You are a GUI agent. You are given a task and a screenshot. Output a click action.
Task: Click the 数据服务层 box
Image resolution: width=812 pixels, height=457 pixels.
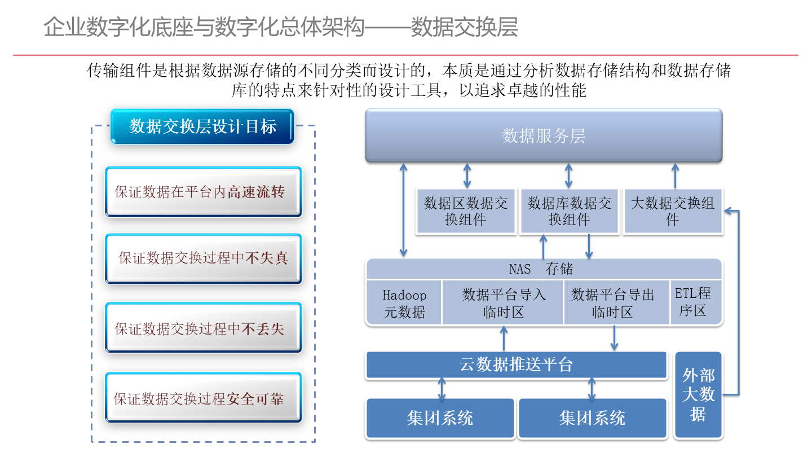(x=544, y=136)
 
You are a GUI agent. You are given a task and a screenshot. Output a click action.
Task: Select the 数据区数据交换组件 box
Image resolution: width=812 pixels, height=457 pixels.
(x=466, y=211)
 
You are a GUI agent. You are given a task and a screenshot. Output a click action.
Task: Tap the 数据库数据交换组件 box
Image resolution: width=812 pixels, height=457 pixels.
(x=569, y=211)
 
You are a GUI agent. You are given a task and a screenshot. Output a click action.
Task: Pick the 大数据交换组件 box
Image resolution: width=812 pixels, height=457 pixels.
(x=672, y=211)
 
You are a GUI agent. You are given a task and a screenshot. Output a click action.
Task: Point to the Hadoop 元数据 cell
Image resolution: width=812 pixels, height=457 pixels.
(x=404, y=303)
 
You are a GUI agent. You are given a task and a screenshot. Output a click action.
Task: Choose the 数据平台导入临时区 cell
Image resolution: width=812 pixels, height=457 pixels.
(x=503, y=303)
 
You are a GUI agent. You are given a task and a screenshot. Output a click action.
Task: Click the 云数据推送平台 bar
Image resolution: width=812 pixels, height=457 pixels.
(x=517, y=364)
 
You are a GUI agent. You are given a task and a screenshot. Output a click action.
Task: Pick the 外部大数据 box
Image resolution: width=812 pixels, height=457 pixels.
(x=698, y=395)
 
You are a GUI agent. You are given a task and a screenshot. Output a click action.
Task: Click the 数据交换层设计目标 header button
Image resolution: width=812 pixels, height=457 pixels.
(x=202, y=126)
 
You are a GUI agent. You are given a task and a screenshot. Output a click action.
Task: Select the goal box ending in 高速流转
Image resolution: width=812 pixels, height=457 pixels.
(x=203, y=192)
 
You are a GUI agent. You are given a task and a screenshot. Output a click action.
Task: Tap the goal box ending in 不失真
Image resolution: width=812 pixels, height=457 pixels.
(x=203, y=258)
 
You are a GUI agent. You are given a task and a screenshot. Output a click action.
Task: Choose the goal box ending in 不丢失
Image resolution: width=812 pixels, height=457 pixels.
(x=203, y=328)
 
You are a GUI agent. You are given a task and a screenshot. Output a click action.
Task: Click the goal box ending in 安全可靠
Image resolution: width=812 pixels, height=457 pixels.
(x=203, y=398)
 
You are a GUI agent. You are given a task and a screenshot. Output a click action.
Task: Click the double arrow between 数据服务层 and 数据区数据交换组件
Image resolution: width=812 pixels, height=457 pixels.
(x=466, y=175)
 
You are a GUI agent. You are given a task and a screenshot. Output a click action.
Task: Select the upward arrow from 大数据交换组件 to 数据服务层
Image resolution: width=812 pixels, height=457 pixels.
(x=675, y=175)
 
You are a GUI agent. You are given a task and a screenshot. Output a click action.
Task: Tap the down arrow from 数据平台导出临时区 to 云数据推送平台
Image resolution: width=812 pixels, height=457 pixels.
(x=614, y=338)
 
